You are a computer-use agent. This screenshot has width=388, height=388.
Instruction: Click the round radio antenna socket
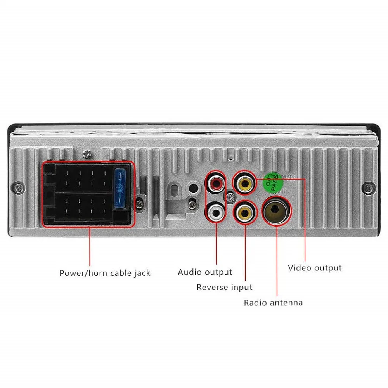[276, 212]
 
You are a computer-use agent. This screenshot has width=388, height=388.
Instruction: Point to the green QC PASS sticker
[273, 181]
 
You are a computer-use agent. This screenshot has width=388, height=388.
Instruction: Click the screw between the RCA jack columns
[230, 197]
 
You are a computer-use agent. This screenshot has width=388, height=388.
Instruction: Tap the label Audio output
[204, 272]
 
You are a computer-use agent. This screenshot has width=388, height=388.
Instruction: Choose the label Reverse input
[224, 288]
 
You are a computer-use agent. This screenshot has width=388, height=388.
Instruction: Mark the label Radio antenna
[273, 302]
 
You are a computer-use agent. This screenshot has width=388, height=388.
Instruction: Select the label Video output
[314, 268]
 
